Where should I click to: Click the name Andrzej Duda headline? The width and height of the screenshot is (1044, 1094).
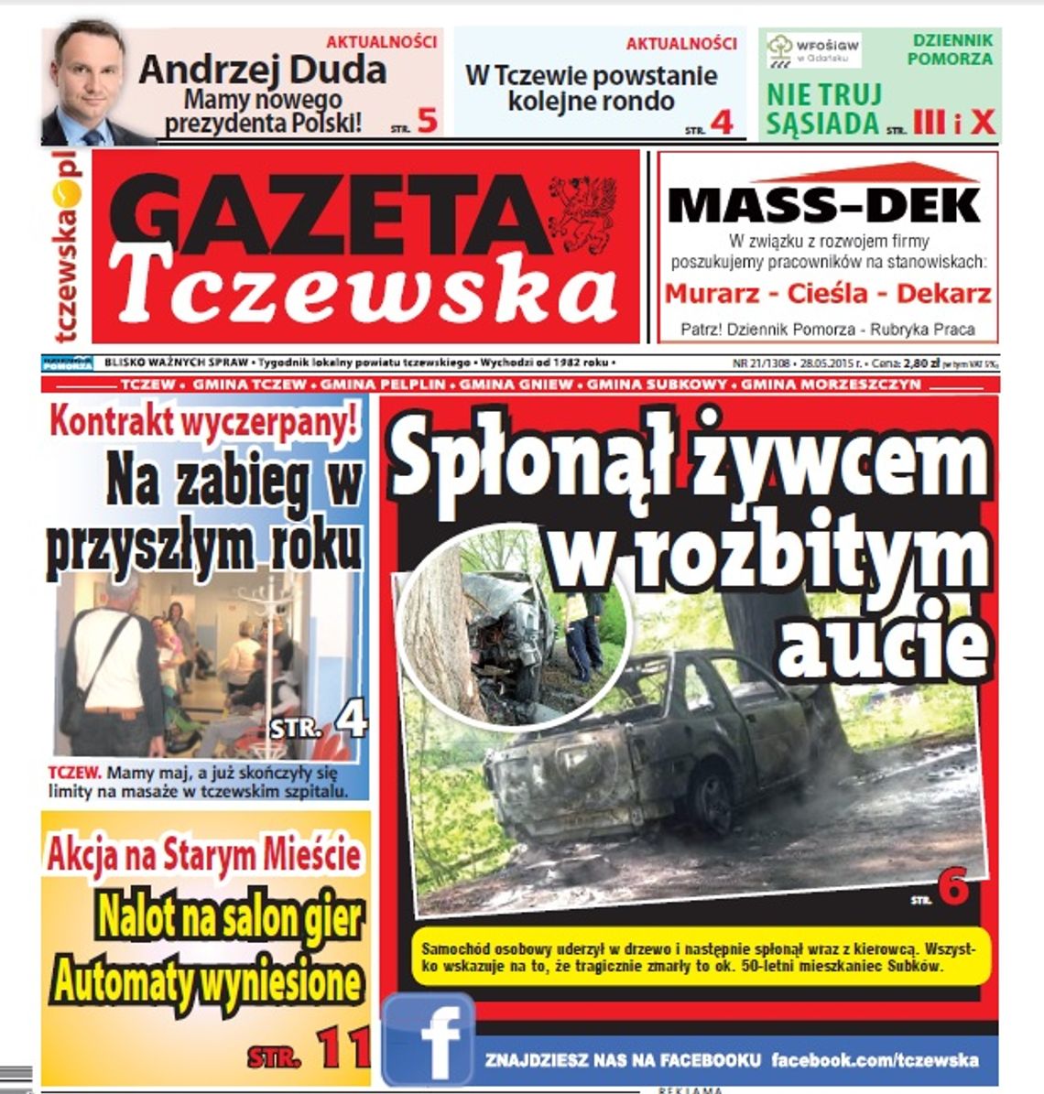262,70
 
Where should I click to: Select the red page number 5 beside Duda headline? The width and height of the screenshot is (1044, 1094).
426,121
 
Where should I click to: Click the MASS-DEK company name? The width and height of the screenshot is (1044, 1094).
824,206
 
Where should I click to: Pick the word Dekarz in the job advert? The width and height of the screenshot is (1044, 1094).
943,294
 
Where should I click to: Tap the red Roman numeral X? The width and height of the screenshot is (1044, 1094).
983,122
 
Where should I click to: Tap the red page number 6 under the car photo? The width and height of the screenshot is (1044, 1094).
952,890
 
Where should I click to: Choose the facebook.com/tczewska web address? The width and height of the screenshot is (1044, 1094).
875,1061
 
